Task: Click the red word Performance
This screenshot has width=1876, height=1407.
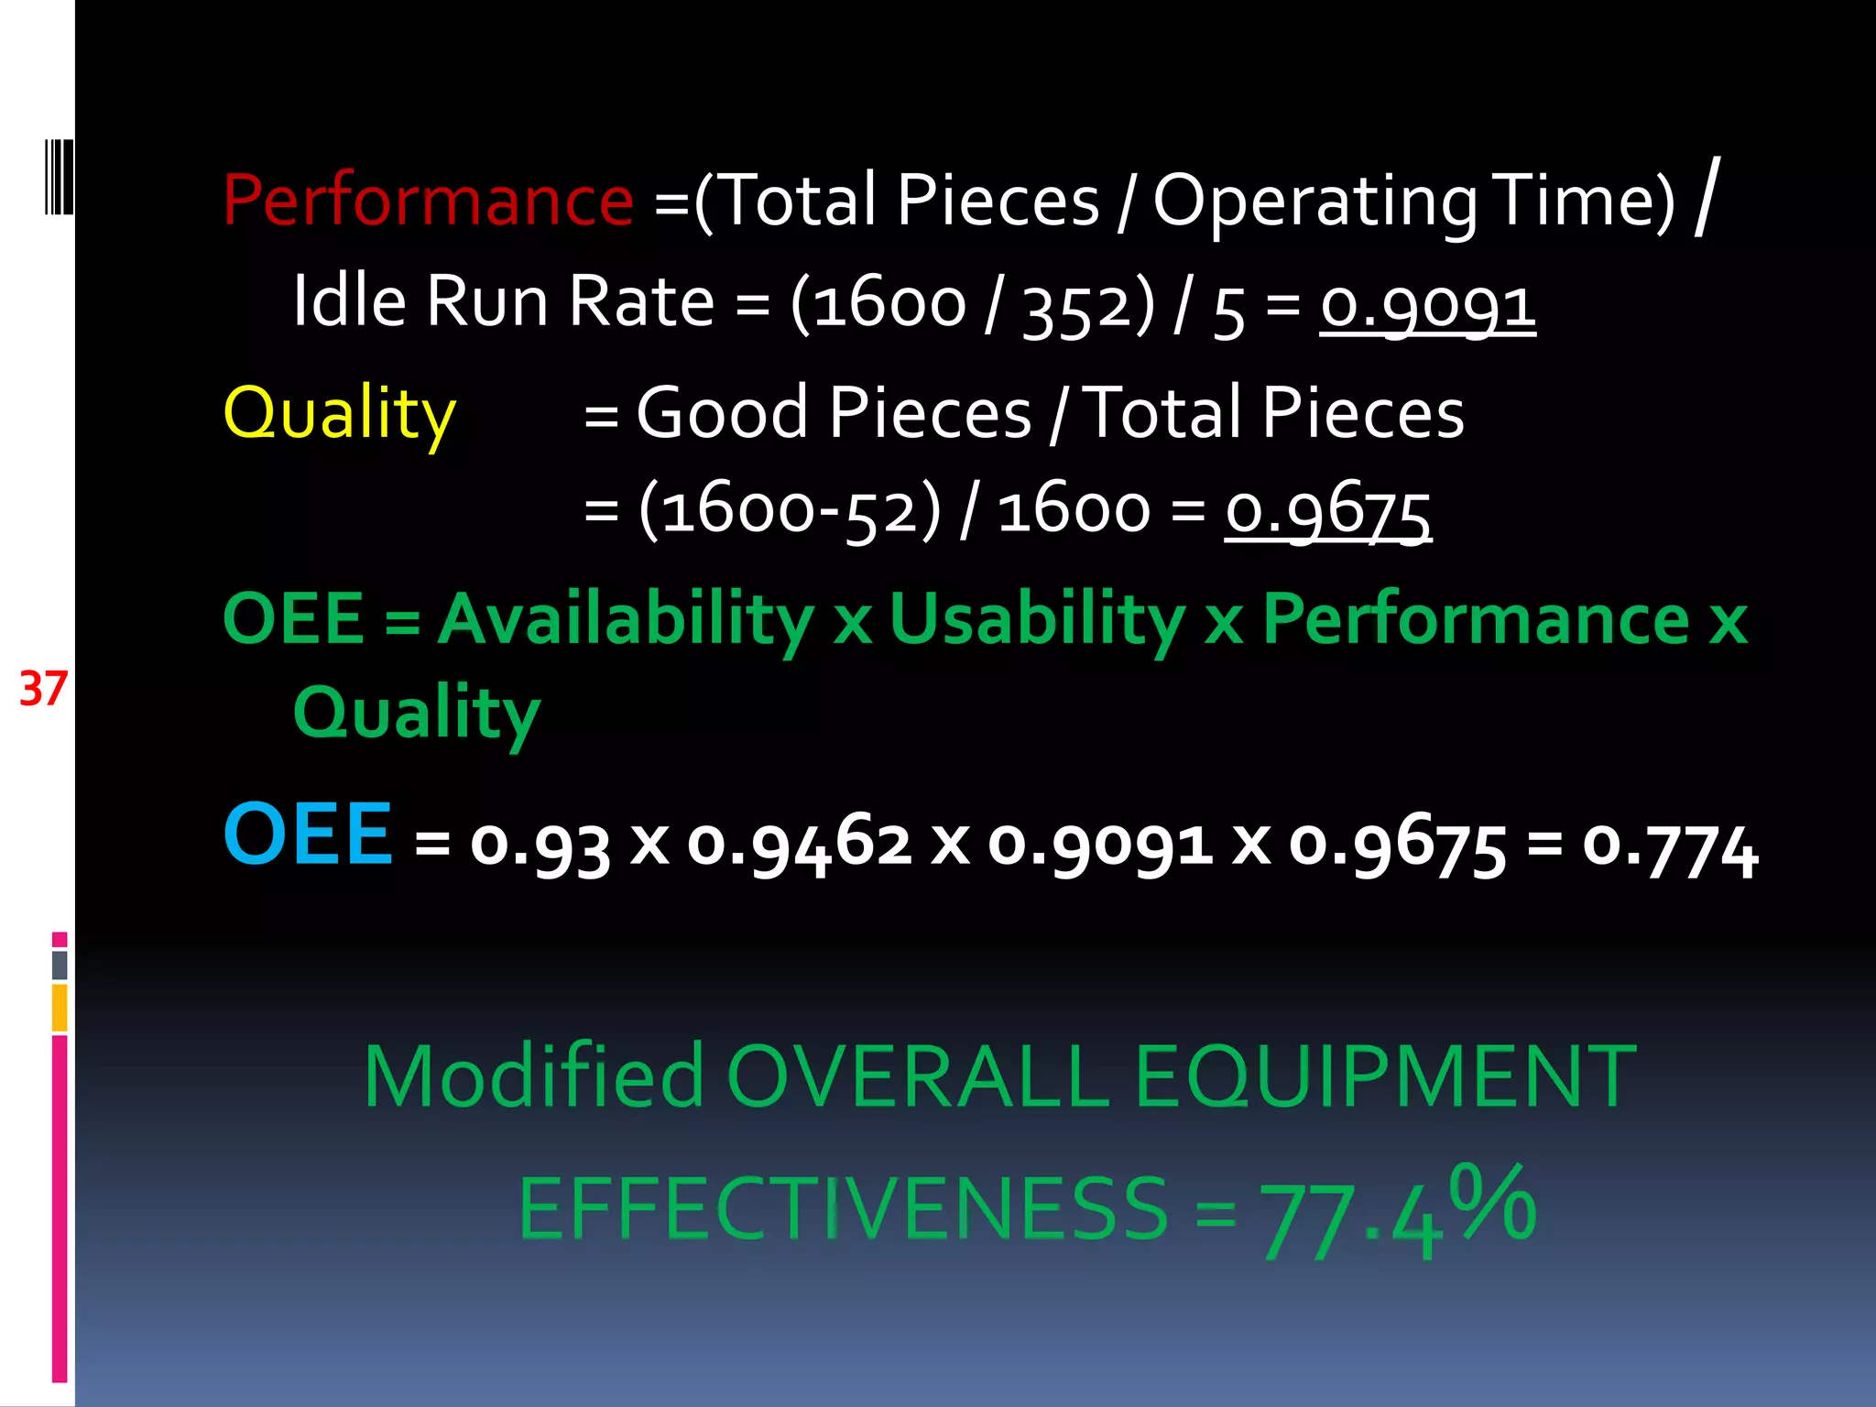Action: click(428, 200)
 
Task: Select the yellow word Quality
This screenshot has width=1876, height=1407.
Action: click(340, 413)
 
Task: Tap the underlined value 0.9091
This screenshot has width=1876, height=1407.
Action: click(1427, 305)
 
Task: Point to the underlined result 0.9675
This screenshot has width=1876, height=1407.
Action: click(1328, 511)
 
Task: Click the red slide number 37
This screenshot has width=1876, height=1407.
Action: click(43, 689)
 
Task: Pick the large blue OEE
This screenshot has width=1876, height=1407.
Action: click(308, 834)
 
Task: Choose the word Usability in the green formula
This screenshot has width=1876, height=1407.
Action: click(1037, 619)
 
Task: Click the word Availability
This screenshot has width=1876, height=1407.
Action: click(625, 619)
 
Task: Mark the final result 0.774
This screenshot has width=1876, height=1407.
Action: click(1670, 846)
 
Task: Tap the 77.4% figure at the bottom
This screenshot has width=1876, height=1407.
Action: click(1398, 1211)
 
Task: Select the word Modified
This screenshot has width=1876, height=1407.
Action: click(534, 1077)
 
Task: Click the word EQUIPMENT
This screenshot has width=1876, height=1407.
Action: click(1384, 1077)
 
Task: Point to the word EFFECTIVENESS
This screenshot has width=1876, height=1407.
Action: click(843, 1209)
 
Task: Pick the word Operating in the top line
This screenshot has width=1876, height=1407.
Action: click(1314, 202)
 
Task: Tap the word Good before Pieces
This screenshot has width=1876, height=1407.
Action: click(722, 413)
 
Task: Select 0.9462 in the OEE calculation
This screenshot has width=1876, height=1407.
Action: click(799, 843)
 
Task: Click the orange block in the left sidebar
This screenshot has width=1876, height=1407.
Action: click(60, 1008)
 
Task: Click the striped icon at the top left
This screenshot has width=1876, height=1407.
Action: click(59, 178)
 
